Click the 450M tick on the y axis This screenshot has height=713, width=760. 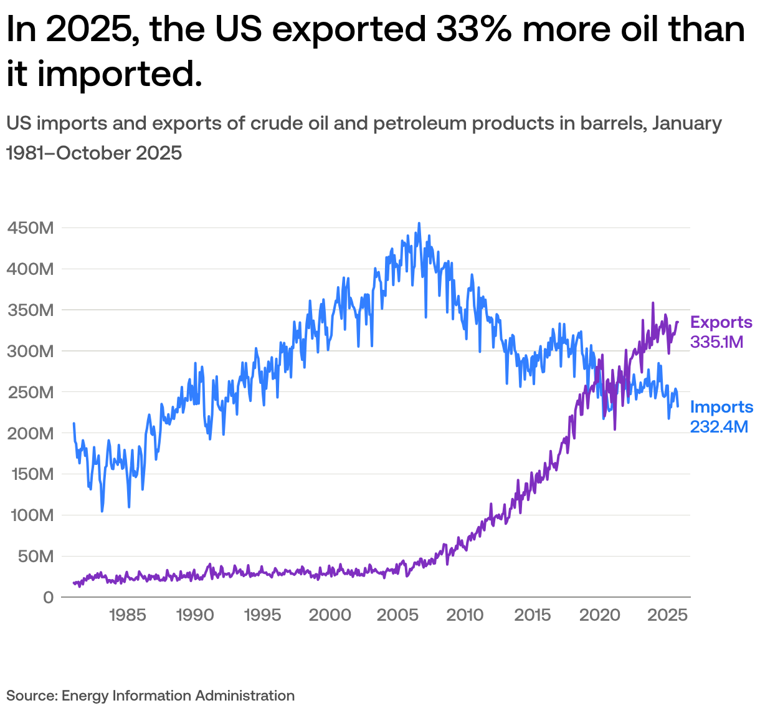coord(31,228)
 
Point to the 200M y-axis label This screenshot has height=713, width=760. coord(31,433)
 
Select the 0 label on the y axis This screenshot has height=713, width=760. coord(49,598)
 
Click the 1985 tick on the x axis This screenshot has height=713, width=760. coord(127,616)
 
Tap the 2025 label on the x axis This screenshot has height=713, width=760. coord(667,616)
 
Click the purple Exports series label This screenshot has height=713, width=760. coord(721,323)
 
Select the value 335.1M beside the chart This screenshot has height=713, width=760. coord(717,342)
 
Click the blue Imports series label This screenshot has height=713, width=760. coord(721,408)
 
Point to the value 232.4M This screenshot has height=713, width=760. coord(719,426)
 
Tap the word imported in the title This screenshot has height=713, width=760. coord(120,74)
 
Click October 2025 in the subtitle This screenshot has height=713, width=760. coord(119,153)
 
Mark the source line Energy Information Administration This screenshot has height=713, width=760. coord(178,696)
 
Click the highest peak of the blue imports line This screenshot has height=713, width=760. coord(419,223)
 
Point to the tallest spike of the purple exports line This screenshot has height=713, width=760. coord(653,303)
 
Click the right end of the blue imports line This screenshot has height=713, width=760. coord(678,406)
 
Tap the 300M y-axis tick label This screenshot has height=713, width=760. coord(31,352)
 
